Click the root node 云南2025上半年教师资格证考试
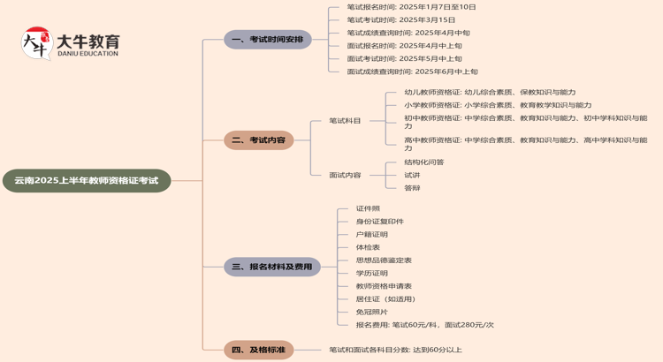86,180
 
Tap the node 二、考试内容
258,140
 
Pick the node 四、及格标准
258,350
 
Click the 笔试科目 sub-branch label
345,121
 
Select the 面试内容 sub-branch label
345,175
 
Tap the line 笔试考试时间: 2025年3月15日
400,19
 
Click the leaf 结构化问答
423,162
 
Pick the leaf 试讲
412,175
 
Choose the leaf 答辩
412,188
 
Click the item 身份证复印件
379,222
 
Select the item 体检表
367,247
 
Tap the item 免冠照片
371,312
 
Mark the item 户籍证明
371,234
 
